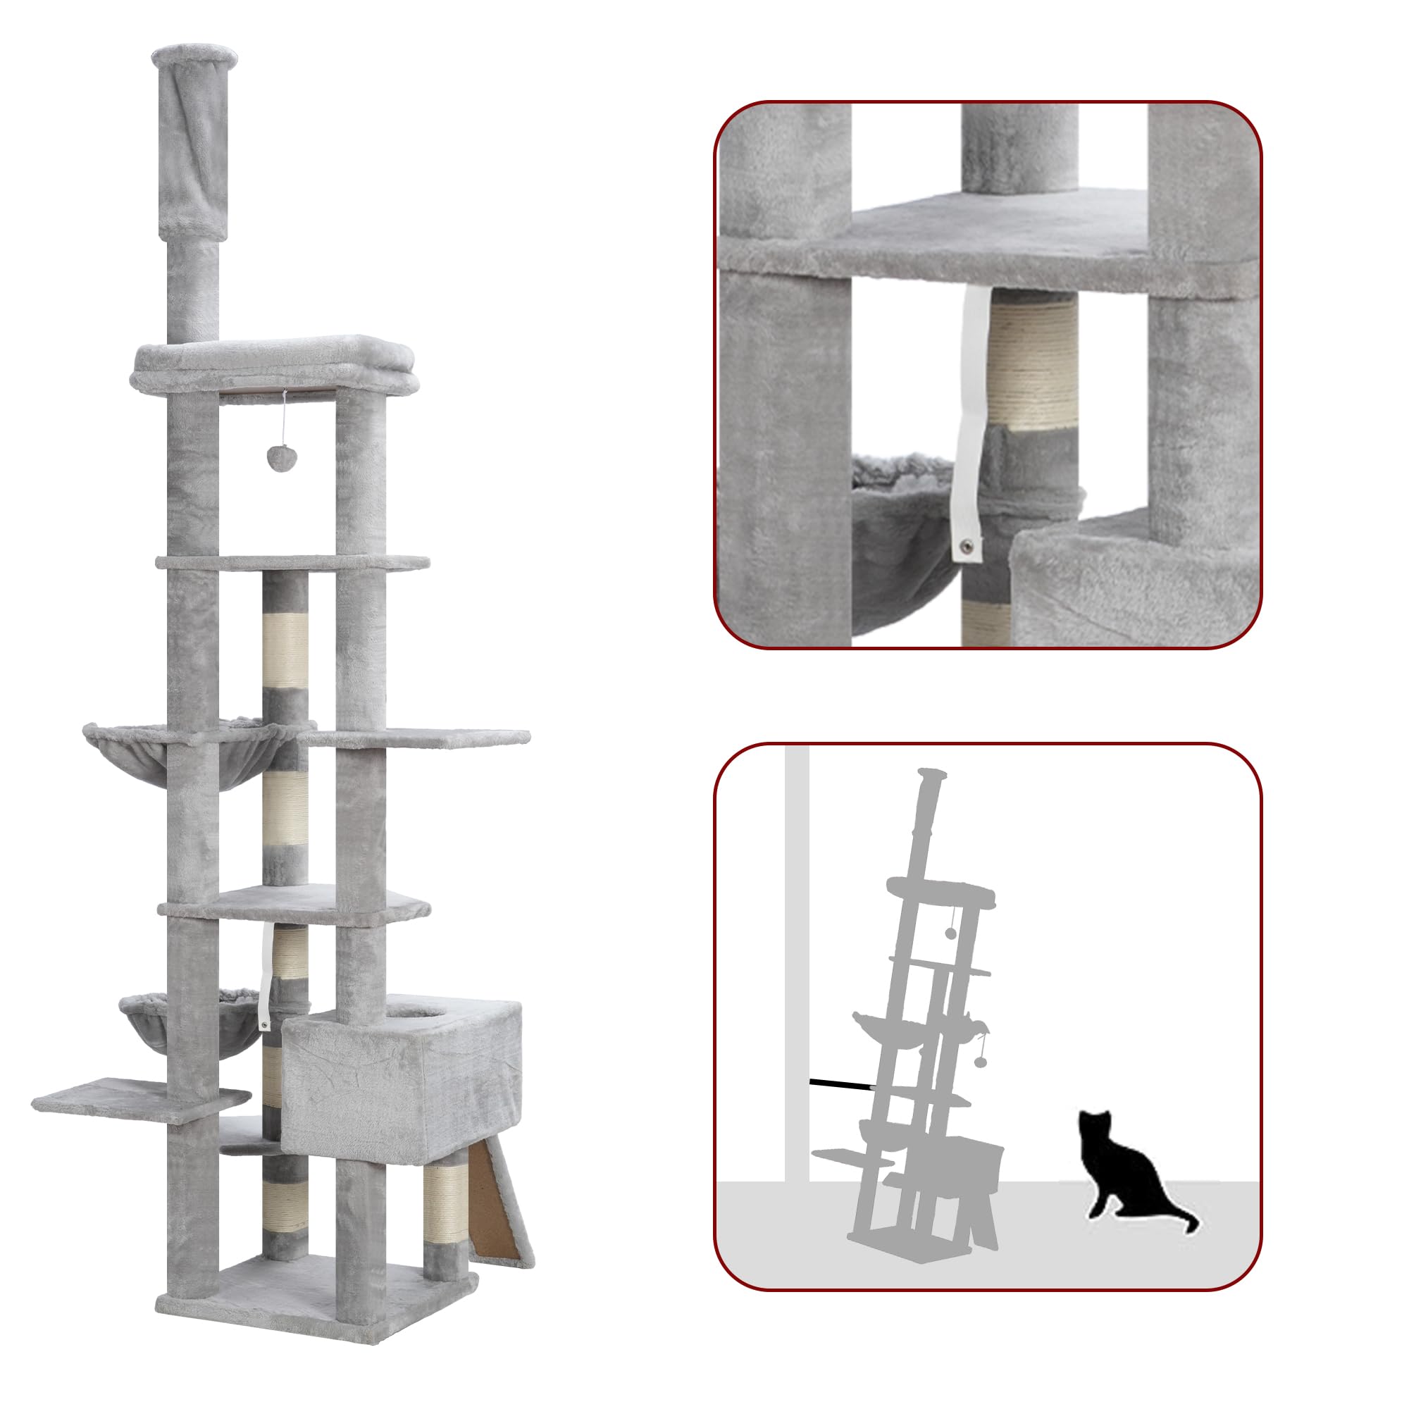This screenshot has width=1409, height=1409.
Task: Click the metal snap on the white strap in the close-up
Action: coord(968,544)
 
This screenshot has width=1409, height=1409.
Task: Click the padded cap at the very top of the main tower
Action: coord(195,56)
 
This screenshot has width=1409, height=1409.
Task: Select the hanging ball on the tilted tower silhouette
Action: coord(980,1060)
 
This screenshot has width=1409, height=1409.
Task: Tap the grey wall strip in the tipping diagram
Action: coord(796,948)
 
